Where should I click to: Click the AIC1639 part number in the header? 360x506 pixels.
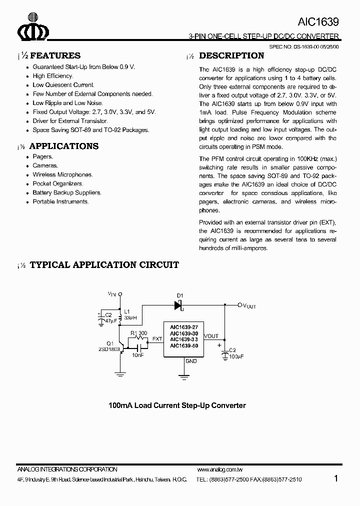pyautogui.click(x=318, y=22)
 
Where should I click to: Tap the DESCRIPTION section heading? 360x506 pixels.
pyautogui.click(x=231, y=55)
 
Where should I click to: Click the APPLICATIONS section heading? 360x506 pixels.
pyautogui.click(x=64, y=146)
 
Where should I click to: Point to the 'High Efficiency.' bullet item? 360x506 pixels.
pyautogui.click(x=53, y=76)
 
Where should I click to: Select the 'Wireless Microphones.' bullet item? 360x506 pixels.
pyautogui.click(x=62, y=174)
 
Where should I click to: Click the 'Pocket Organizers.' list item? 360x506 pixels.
pyautogui.click(x=58, y=183)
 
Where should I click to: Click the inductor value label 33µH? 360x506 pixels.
pyautogui.click(x=130, y=318)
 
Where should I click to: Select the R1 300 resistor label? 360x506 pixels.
pyautogui.click(x=138, y=333)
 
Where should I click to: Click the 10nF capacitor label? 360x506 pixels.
pyautogui.click(x=138, y=354)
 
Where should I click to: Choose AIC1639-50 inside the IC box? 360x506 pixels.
pyautogui.click(x=184, y=345)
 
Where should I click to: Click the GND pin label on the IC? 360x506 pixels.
pyautogui.click(x=191, y=360)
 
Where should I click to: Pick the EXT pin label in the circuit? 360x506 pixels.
pyautogui.click(x=157, y=339)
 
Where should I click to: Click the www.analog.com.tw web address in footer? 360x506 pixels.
pyautogui.click(x=220, y=469)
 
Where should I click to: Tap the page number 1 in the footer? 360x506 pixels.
pyautogui.click(x=336, y=478)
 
